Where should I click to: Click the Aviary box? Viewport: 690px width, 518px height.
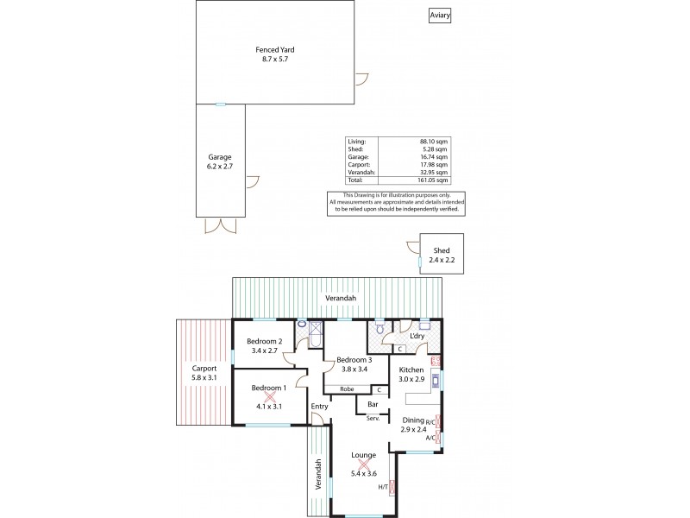point(440,16)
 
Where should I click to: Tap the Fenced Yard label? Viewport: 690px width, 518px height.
point(276,54)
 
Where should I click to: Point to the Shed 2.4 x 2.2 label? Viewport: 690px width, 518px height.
point(442,255)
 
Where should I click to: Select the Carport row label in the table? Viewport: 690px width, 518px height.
point(358,165)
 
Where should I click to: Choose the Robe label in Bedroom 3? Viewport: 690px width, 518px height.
point(347,389)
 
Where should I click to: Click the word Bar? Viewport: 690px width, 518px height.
point(374,403)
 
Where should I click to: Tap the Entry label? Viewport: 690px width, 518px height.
point(319,407)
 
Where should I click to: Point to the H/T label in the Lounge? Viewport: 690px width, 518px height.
point(383,488)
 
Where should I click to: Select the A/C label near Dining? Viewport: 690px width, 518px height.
point(430,438)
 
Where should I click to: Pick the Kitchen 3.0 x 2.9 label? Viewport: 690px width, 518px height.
point(412,374)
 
